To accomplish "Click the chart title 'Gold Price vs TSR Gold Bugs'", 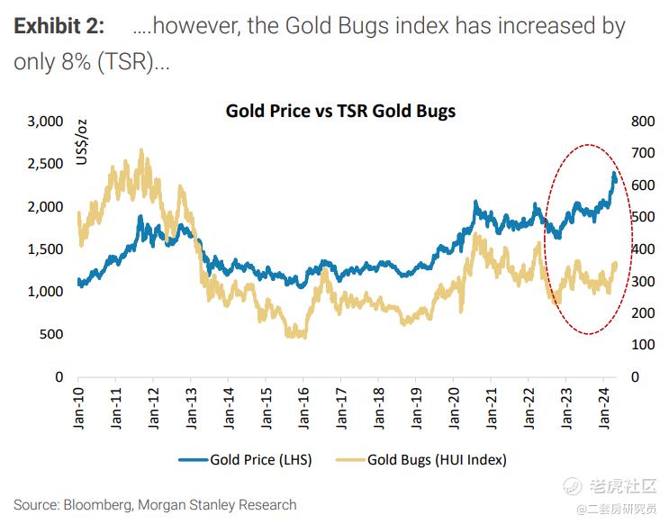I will point(340,112).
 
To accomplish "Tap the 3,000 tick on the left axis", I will point(45,122).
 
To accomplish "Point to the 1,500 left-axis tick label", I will point(45,249).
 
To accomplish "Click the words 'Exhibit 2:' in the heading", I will point(59,26).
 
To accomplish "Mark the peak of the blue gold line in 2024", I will point(614,173).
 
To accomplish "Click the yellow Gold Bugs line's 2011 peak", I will point(141,149).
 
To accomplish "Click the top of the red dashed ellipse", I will point(590,144).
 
